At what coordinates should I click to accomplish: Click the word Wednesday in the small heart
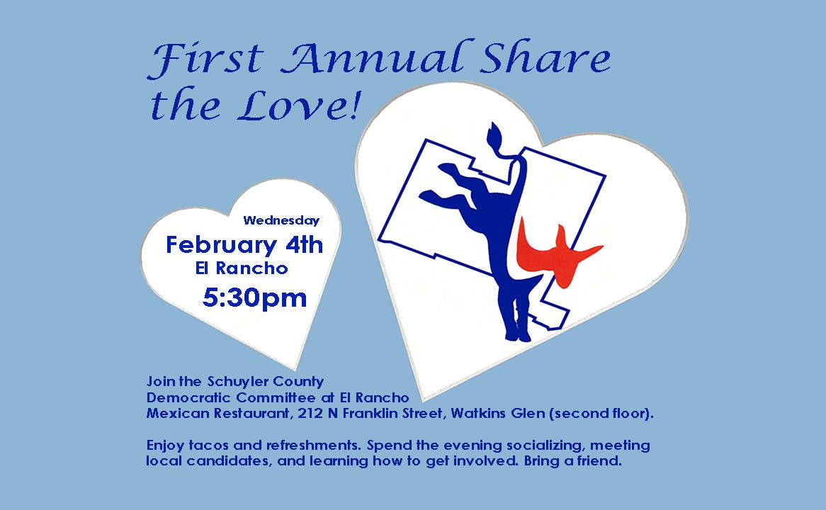(x=281, y=221)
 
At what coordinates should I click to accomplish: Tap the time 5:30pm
(x=255, y=297)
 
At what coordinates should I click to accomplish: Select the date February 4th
(x=244, y=246)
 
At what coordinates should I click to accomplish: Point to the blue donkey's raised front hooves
(x=440, y=182)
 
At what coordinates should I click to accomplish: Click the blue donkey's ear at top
(x=495, y=137)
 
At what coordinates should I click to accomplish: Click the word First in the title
(x=205, y=58)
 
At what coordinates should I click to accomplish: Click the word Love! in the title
(x=299, y=104)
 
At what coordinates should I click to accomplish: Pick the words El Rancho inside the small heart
(x=242, y=268)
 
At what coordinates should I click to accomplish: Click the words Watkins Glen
(x=498, y=413)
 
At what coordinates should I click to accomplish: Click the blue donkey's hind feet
(x=518, y=334)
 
